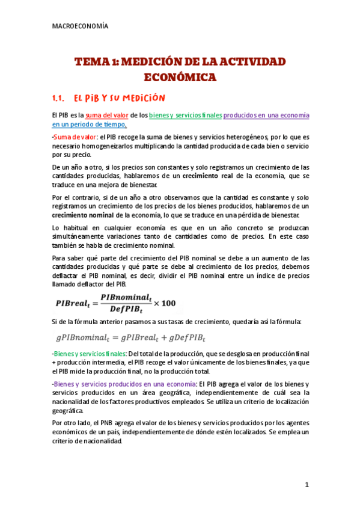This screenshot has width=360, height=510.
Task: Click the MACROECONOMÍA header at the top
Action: [x=81, y=26]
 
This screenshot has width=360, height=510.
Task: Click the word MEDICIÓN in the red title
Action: [x=158, y=62]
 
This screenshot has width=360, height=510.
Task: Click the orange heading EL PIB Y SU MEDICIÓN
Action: [x=118, y=98]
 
